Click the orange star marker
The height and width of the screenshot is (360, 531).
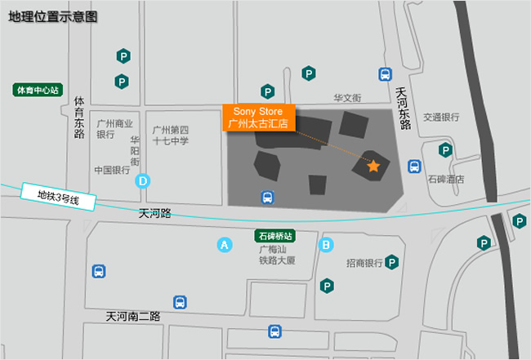pyautogui.click(x=373, y=167)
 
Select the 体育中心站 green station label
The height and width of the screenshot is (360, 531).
pyautogui.click(x=38, y=90)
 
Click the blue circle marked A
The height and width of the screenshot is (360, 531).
pyautogui.click(x=224, y=244)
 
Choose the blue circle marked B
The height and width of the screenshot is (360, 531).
pyautogui.click(x=326, y=244)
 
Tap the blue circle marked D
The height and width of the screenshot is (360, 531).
pyautogui.click(x=143, y=181)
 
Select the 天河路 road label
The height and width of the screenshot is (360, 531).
pyautogui.click(x=154, y=214)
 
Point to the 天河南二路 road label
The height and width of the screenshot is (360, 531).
pyautogui.click(x=132, y=315)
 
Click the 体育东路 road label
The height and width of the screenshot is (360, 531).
pyautogui.click(x=79, y=118)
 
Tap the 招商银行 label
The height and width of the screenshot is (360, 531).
pyautogui.click(x=364, y=263)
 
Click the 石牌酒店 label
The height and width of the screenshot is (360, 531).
pyautogui.click(x=447, y=179)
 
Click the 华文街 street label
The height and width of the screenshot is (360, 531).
pyautogui.click(x=347, y=97)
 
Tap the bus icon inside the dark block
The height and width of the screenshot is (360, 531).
pyautogui.click(x=266, y=197)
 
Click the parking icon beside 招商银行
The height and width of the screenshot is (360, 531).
pyautogui.click(x=392, y=262)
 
